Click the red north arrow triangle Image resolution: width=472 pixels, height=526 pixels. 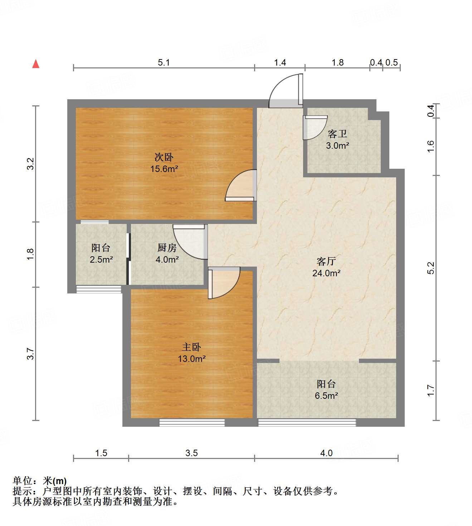[x=36, y=64]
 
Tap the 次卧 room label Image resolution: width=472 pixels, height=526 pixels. [x=164, y=157]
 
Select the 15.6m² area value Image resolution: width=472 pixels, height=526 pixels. [x=164, y=169]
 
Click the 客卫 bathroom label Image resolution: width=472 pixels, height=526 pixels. [x=337, y=134]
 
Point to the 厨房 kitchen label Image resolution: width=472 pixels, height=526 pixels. [x=167, y=248]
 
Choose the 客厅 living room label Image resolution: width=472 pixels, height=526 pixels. [x=326, y=261]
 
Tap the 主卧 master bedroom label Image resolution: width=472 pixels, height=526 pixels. [x=191, y=347]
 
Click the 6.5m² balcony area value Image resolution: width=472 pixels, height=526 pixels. [x=326, y=396]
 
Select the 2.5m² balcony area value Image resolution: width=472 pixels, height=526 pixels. [x=101, y=259]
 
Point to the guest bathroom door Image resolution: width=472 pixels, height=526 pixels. [x=314, y=128]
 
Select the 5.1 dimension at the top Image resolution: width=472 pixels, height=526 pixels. [x=164, y=63]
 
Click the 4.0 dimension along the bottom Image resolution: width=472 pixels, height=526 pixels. [x=326, y=453]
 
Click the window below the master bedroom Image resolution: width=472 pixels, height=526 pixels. [x=192, y=423]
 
